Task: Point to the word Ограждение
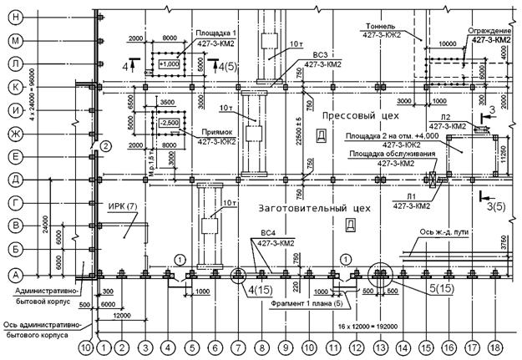pyautogui.click(x=489, y=29)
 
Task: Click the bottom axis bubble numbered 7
pyautogui.click(x=239, y=346)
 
